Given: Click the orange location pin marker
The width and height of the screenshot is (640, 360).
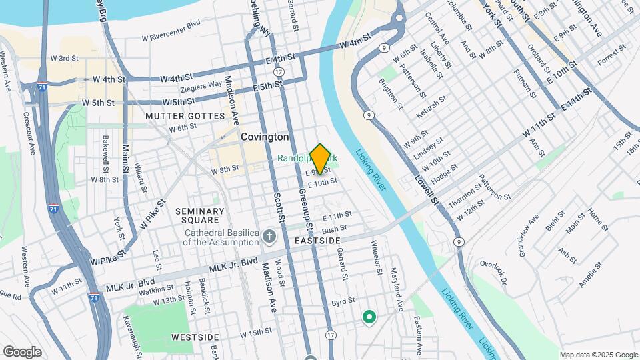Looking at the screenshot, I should (320, 159).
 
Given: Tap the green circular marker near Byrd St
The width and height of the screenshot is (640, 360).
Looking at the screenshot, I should (368, 317).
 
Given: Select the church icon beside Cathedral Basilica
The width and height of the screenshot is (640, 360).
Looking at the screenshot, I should (269, 237).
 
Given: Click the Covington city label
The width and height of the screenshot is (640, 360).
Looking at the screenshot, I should (265, 137).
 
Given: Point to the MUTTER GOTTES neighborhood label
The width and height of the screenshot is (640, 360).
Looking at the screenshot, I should (185, 116).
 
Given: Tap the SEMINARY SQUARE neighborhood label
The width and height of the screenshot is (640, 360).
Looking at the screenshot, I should (200, 215).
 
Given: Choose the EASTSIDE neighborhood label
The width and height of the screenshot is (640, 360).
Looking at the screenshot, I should (318, 240).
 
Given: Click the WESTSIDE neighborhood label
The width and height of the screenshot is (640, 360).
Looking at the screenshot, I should (195, 337).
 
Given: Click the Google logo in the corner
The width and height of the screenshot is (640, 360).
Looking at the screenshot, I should (22, 351).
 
